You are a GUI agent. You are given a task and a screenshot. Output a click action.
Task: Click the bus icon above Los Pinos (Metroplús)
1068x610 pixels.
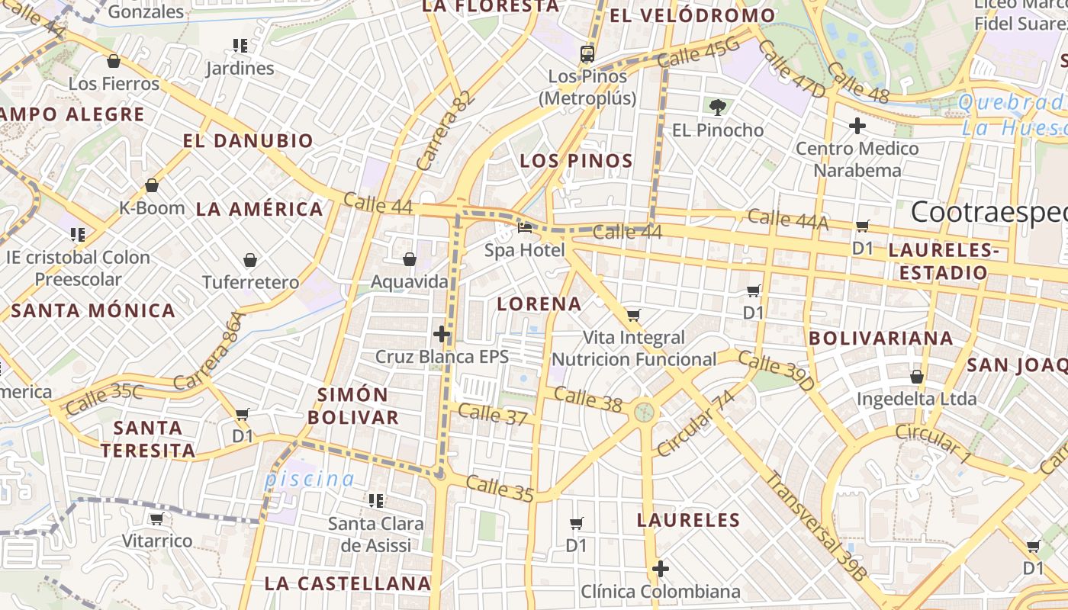pos(587,53)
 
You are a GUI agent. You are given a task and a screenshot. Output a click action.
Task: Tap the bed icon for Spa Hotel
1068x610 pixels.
pos(525,227)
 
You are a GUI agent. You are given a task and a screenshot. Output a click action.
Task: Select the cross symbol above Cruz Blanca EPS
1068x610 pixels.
pos(442,334)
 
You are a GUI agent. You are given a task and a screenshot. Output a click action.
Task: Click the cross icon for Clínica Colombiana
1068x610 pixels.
pos(661,569)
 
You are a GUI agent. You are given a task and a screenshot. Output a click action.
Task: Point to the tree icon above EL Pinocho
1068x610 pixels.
pos(717,108)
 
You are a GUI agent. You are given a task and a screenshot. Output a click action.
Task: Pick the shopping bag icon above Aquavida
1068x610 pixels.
pos(410,260)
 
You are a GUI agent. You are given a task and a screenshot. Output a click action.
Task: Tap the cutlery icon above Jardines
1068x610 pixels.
pos(240,46)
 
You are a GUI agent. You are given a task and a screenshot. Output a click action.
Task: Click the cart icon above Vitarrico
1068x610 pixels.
pos(157,519)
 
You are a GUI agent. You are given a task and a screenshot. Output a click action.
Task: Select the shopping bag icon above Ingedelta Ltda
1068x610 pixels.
pos(917,377)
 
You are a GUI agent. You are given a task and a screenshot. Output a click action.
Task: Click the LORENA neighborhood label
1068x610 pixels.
pos(539,303)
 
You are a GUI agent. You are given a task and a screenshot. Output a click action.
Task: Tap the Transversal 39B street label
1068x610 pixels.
pos(816,526)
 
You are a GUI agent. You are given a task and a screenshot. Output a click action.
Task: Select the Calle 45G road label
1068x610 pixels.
pos(698,53)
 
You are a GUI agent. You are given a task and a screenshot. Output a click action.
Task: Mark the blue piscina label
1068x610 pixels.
pos(310,479)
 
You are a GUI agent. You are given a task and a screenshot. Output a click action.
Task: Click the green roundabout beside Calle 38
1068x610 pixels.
pos(645,413)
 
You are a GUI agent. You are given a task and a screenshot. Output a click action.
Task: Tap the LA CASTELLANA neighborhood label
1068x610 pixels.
pos(348,583)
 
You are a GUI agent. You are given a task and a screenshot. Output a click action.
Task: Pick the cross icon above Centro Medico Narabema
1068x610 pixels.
pos(857,126)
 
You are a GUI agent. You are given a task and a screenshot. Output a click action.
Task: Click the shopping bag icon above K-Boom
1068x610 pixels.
pos(152,185)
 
